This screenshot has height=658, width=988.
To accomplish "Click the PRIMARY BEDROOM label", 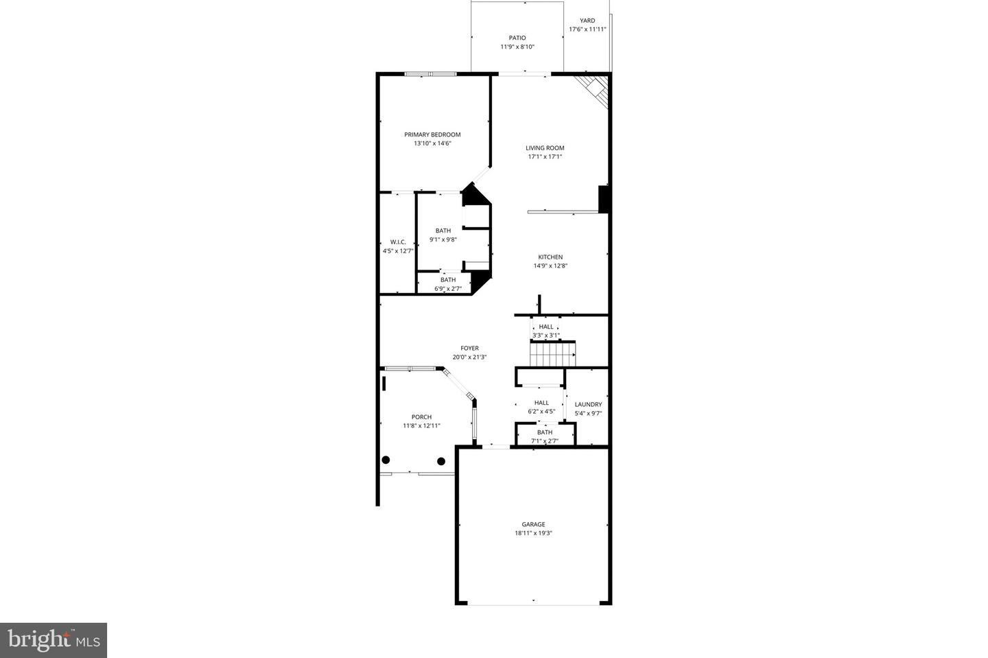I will [432, 134].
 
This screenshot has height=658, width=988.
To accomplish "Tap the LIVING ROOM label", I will [545, 148].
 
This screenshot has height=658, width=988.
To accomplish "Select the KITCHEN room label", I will [550, 257].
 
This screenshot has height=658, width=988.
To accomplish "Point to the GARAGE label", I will [533, 524].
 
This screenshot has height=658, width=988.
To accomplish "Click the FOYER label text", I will [469, 349].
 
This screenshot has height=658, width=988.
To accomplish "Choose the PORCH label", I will [421, 417].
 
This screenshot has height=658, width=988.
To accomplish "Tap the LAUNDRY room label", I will [588, 405].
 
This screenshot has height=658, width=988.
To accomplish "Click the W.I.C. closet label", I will [398, 242].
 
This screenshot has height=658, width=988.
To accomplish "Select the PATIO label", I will [517, 38].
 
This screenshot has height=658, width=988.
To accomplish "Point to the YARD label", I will [587, 21].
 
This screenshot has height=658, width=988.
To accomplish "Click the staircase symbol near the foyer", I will [553, 355].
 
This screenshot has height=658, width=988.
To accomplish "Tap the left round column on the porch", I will [386, 460].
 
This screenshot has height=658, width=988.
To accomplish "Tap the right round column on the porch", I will [441, 461].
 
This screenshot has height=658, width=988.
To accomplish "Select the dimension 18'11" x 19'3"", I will [533, 533].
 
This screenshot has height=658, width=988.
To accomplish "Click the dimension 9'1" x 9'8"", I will [443, 239].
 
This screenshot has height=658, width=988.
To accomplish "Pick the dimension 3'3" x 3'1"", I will [546, 336].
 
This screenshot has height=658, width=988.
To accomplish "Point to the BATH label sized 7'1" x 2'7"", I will [545, 432].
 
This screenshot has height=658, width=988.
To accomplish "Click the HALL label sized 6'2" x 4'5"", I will [541, 403].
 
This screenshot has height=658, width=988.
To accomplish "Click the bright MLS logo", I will [54, 640].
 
